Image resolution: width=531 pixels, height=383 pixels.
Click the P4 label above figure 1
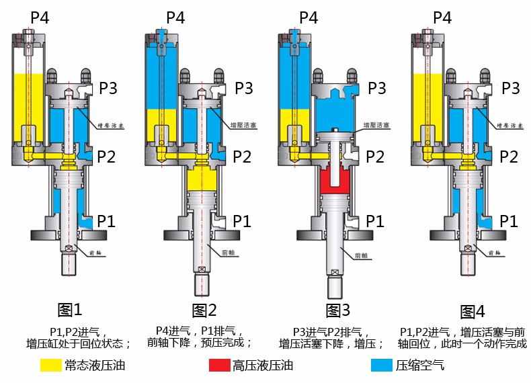point(42,17)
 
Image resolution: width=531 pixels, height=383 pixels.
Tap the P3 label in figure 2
point(242,88)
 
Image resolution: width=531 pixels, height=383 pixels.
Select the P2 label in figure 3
point(375,157)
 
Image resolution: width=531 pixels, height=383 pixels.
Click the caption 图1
point(70,310)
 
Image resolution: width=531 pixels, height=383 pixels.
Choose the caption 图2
point(204,310)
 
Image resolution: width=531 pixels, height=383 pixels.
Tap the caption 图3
point(338,310)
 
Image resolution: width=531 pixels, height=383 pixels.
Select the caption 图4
point(472,311)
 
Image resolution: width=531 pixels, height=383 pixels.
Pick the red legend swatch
point(219,366)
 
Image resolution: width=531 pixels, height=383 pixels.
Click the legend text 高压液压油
point(263,366)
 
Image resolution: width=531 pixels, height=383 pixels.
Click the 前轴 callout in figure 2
point(229,253)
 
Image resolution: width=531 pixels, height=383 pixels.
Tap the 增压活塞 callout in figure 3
point(377,126)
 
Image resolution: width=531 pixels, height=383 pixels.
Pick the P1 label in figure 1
point(108,220)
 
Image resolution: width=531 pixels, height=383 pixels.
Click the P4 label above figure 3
point(308,17)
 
